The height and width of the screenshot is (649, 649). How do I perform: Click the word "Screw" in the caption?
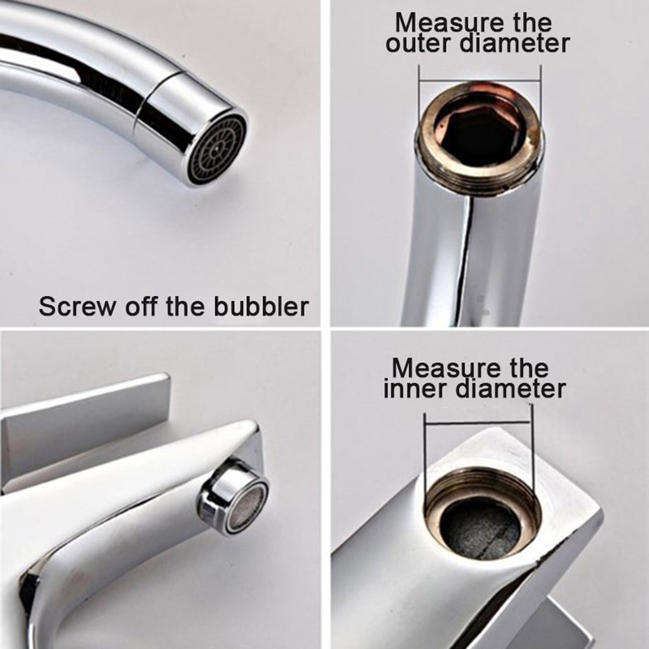pyautogui.click(x=76, y=307)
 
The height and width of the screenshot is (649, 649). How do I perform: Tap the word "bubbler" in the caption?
pyautogui.click(x=261, y=306)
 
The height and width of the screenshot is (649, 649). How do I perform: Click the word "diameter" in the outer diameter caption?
pyautogui.click(x=516, y=43)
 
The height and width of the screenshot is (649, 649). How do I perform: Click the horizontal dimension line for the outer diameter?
pyautogui.click(x=480, y=80)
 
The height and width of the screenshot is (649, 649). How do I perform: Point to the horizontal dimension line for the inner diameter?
pyautogui.click(x=477, y=423)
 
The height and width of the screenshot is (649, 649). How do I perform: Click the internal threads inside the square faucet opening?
pyautogui.click(x=482, y=488)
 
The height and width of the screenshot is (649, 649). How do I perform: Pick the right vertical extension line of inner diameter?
pyautogui.click(x=532, y=447)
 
